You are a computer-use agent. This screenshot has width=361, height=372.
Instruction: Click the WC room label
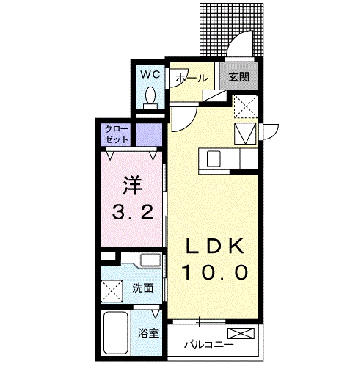150,74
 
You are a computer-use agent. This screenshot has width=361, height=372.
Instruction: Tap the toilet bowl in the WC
150,95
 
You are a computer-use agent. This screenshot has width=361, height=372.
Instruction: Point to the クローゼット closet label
117,135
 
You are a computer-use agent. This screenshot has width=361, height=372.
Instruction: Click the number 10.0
215,273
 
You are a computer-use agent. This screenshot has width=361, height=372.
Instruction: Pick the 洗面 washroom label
143,288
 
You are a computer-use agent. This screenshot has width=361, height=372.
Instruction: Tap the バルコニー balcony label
208,343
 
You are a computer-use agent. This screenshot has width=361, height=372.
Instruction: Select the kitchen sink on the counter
214,157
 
